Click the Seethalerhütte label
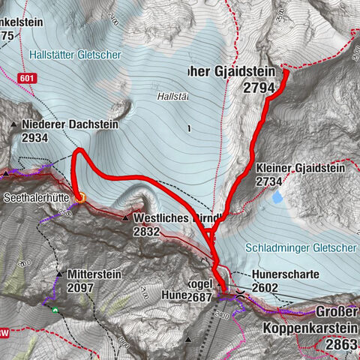[40, 199]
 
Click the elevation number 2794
[259, 88]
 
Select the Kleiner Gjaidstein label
[300, 168]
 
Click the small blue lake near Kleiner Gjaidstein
[278, 198]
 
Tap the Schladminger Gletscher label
[302, 248]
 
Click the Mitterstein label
[94, 274]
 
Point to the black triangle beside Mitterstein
[57, 275]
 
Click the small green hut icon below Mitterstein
[55, 308]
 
